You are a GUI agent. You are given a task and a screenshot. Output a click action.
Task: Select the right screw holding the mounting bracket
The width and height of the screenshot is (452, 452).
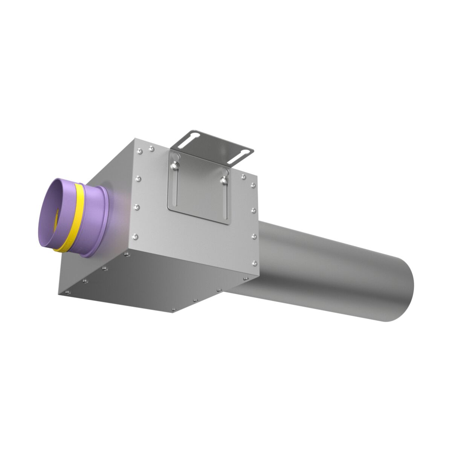pos(225,180)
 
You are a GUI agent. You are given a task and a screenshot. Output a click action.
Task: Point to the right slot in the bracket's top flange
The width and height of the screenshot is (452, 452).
pos(241,152)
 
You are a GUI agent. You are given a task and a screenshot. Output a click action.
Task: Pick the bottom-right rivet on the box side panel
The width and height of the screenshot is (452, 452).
pos(254,263)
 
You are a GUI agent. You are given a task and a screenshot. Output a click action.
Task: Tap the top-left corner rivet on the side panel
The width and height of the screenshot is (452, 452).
pos(139,151)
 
